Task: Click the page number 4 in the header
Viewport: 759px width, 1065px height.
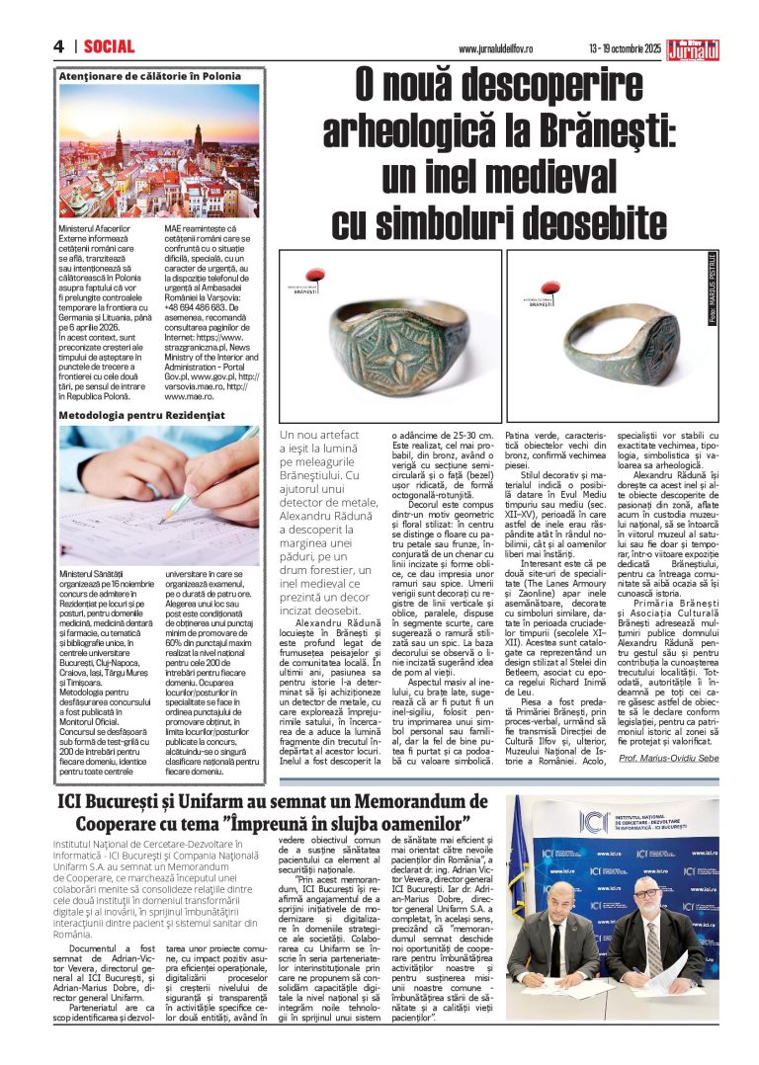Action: [x=59, y=46]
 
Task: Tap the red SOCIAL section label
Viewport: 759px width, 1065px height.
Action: [x=109, y=46]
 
